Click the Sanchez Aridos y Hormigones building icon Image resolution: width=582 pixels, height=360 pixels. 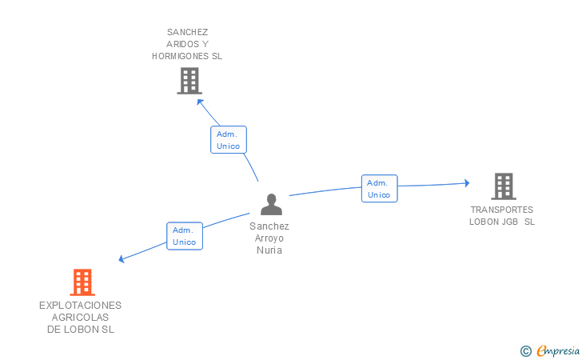(189, 81)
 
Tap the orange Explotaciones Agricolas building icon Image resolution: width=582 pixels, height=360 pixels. (82, 282)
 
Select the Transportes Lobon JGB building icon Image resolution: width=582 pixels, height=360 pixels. (503, 186)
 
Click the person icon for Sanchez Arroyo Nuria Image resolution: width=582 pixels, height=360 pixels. (272, 205)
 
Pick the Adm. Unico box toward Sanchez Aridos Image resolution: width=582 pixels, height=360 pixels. (228, 140)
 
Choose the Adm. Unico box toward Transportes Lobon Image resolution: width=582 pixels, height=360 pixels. (379, 189)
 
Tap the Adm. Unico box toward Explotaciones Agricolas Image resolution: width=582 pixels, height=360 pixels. (185, 236)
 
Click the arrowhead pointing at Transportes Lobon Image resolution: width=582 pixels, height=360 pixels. (466, 183)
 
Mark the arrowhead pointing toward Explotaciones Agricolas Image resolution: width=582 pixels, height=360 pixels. (122, 258)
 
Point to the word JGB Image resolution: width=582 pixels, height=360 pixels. (510, 222)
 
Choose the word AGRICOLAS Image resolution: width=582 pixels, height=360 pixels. (80, 318)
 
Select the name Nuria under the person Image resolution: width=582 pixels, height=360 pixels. (269, 250)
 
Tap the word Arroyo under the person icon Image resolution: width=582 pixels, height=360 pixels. (269, 238)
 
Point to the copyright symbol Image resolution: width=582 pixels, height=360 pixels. (525, 350)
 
